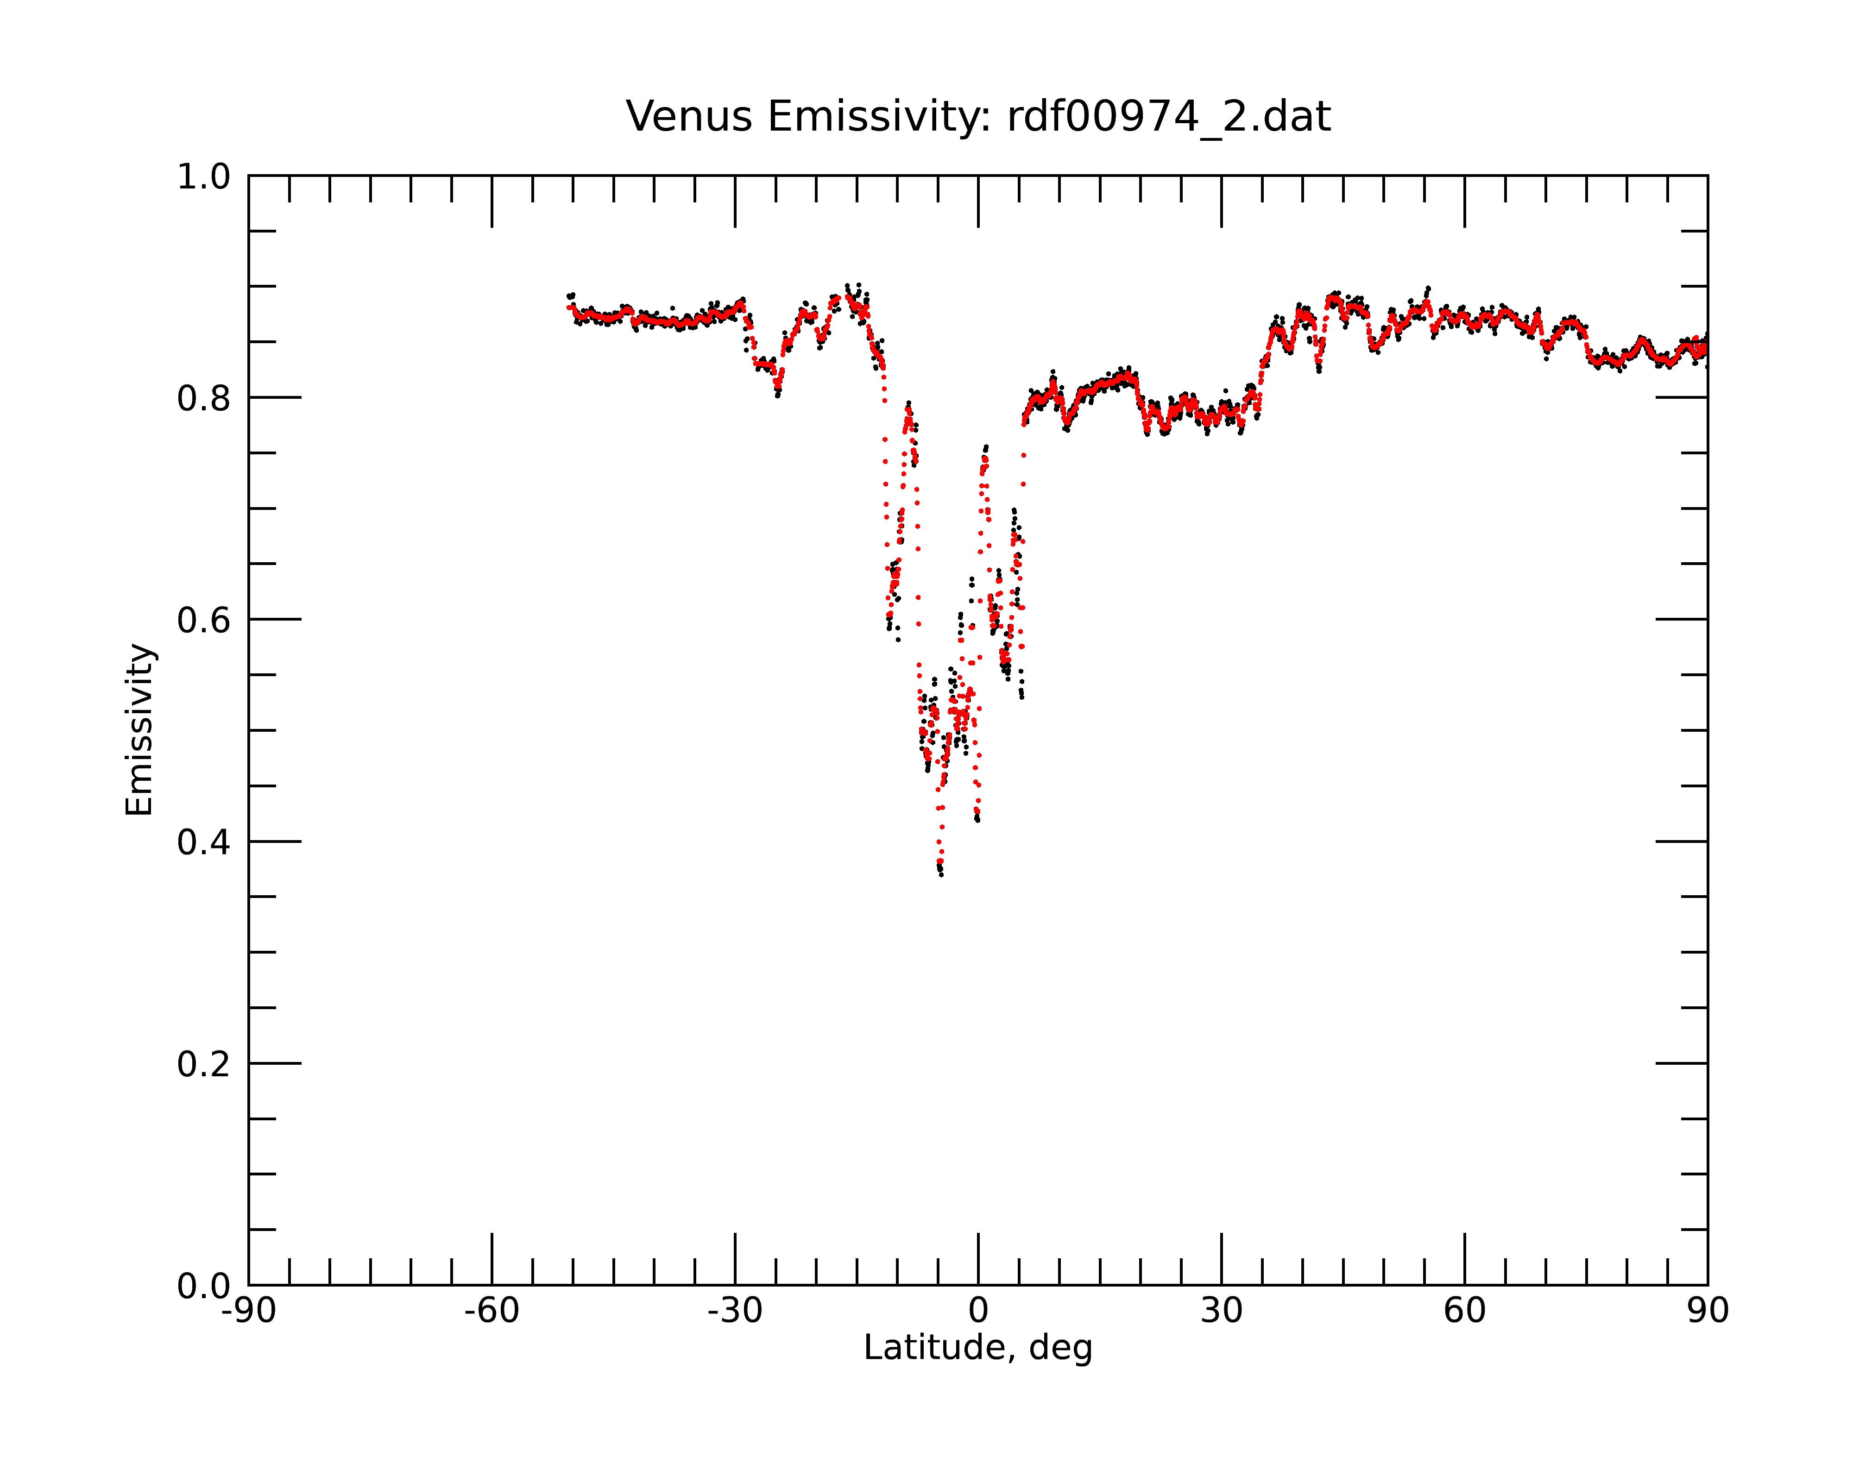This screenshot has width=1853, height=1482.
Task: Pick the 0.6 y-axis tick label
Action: pos(204,620)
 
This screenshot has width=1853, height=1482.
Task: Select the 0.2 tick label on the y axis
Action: pos(204,1064)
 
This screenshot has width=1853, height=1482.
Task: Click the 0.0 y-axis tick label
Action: pos(204,1286)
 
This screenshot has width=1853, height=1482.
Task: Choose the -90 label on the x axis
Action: pos(248,1311)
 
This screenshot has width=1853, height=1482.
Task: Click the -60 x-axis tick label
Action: pos(492,1311)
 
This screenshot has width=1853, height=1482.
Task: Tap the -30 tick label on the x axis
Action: pos(735,1311)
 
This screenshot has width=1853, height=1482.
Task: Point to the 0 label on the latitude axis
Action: pos(978,1311)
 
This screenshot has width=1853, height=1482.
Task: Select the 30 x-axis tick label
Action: pos(1221,1311)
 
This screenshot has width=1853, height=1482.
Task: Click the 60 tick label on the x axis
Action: pos(1464,1311)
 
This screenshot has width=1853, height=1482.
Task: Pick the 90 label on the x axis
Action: pos(1708,1311)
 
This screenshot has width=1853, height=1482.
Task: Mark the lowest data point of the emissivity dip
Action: pos(941,874)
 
